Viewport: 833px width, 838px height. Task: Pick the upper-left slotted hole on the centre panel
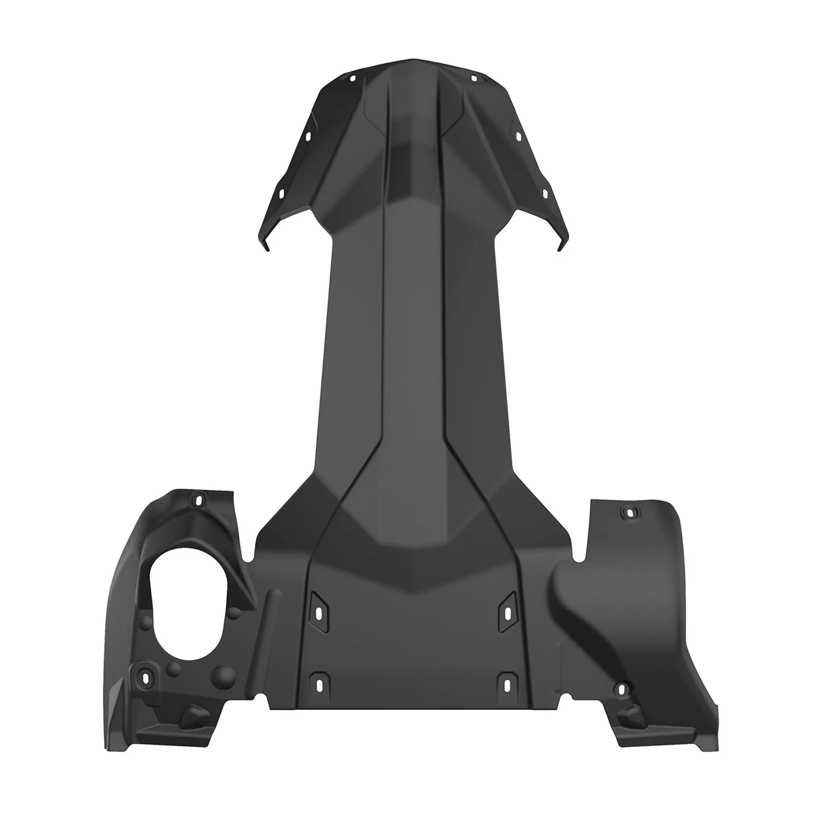click(x=318, y=613)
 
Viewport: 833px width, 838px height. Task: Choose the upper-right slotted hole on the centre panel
click(x=508, y=613)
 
